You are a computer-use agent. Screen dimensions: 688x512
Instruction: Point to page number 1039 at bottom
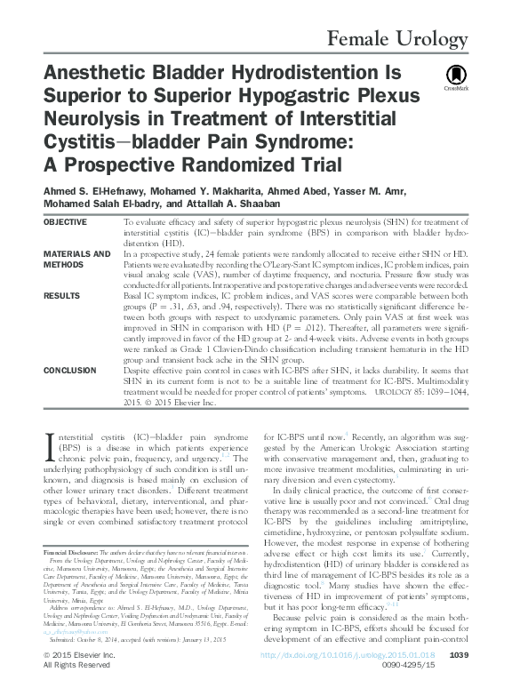(x=460, y=655)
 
